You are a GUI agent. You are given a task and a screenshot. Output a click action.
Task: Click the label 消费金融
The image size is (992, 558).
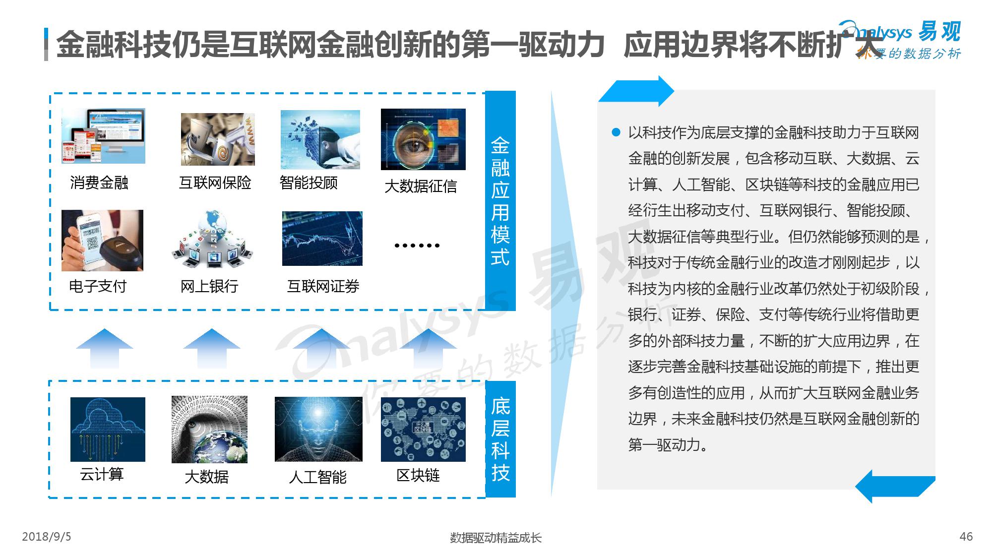(99, 183)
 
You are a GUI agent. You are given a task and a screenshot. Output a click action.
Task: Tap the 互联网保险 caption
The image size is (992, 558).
(215, 183)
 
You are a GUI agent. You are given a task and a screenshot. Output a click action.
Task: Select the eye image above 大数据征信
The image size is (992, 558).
(423, 139)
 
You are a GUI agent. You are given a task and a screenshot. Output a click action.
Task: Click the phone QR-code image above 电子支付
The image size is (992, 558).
(102, 241)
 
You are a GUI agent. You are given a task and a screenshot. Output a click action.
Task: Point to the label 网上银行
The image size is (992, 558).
(209, 286)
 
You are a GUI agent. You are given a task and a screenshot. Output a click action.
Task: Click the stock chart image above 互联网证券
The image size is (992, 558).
(322, 239)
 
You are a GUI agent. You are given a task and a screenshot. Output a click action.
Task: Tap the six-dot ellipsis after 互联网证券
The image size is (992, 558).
(417, 245)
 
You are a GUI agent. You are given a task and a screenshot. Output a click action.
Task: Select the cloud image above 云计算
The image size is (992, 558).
(108, 430)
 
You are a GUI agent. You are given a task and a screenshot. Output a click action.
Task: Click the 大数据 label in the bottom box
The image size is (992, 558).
(206, 477)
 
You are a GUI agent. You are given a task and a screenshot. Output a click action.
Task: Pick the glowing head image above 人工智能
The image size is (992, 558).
(318, 429)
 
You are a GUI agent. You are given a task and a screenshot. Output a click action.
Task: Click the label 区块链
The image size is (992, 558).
(418, 476)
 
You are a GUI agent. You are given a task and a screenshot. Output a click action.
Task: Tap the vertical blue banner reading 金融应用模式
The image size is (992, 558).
(500, 201)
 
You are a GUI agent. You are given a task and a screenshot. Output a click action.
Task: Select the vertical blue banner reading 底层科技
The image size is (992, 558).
(500, 439)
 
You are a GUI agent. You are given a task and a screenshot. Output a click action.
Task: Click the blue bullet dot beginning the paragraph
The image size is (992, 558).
(616, 132)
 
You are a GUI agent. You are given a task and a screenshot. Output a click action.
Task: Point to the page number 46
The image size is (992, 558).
(966, 537)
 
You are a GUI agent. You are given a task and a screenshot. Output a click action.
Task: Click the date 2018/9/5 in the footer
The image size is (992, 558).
(47, 537)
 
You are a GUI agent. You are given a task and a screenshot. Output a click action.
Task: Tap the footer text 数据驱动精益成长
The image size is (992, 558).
(496, 538)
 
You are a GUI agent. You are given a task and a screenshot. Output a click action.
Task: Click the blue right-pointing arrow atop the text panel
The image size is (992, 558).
(636, 91)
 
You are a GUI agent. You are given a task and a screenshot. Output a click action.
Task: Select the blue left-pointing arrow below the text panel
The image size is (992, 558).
(895, 486)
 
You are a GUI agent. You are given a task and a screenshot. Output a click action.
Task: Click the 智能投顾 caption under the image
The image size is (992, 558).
(309, 183)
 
